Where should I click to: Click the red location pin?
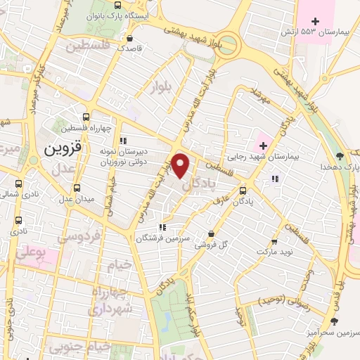pyautogui.click(x=181, y=165)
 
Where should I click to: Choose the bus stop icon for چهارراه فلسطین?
pyautogui.click(x=86, y=117)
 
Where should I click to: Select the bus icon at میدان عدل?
pyautogui.click(x=77, y=188)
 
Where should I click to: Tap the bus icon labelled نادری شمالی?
pyautogui.click(x=17, y=192)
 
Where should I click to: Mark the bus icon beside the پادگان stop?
pyautogui.click(x=243, y=191)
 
